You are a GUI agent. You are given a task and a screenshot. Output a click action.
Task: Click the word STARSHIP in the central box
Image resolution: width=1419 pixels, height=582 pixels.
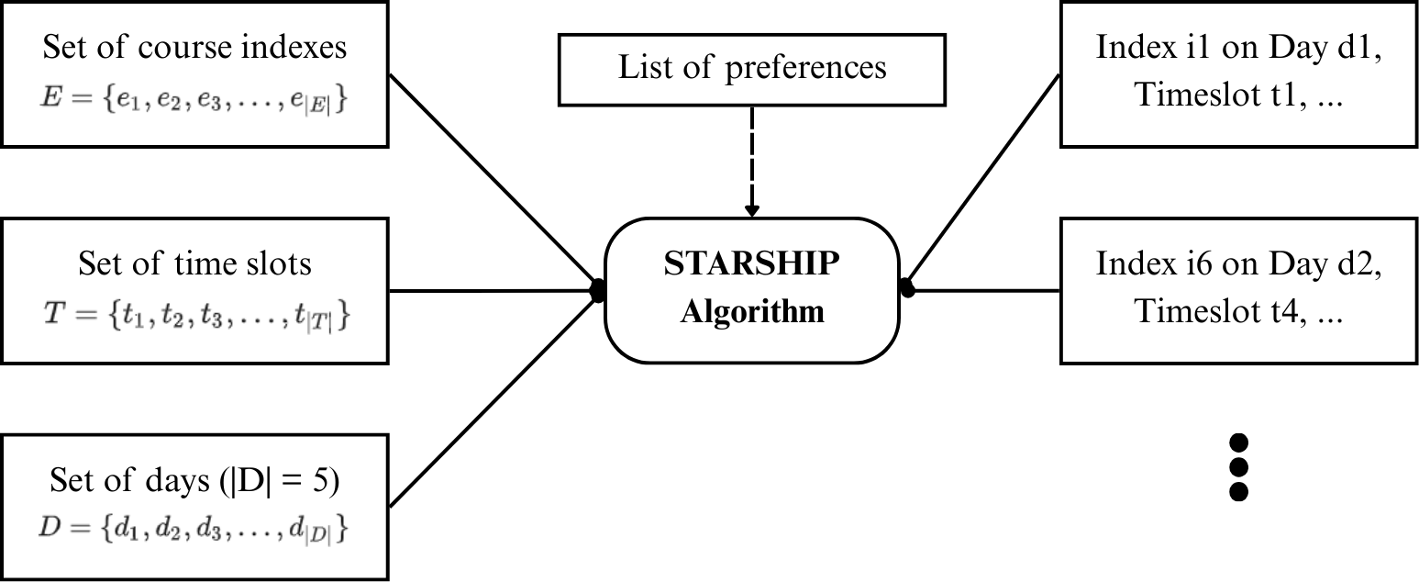coord(751,265)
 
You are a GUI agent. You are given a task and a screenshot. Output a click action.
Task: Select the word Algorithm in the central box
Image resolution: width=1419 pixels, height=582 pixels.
coord(751,312)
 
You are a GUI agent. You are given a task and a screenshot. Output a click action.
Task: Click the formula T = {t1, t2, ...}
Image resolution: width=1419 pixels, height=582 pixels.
coord(194,315)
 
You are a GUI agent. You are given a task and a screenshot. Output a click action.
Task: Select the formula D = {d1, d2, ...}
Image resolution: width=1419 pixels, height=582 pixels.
coord(194,531)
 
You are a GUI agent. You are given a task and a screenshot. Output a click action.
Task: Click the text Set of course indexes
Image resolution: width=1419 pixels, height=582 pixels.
coord(194,48)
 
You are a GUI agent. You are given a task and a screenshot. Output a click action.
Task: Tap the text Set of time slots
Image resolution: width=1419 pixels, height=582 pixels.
coord(194,264)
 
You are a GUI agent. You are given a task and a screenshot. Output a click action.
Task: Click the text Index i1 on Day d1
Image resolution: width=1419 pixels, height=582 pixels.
coord(1238,48)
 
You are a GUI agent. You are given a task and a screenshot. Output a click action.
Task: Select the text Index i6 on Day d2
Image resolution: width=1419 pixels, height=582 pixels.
coord(1238,264)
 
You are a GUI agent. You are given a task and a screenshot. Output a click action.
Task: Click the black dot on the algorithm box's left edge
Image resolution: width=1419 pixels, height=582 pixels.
coord(597,291)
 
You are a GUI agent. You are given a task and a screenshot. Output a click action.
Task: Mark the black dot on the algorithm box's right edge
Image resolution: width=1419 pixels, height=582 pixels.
coord(907,288)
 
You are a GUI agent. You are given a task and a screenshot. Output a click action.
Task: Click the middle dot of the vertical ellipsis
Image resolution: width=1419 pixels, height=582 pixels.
coord(1239,466)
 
